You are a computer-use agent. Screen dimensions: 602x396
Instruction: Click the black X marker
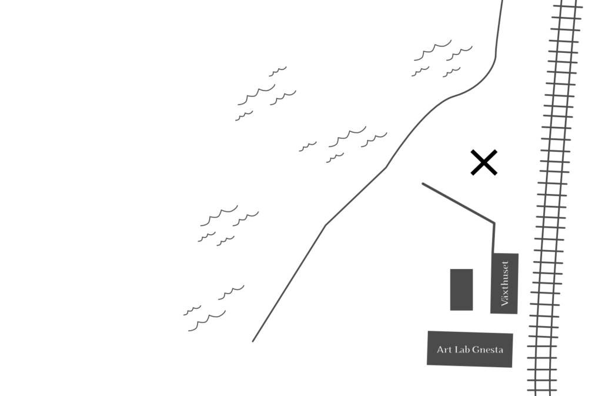click(484, 162)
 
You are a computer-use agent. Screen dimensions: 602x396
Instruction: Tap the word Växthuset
click(505, 284)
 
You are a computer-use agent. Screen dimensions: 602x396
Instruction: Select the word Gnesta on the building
click(487, 350)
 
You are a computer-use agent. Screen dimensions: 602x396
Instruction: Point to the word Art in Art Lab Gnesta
click(444, 350)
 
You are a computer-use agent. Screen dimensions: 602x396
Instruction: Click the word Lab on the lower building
click(462, 350)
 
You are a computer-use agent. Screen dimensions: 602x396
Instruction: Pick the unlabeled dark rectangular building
click(461, 289)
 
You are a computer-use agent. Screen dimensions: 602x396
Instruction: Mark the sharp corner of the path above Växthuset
click(494, 223)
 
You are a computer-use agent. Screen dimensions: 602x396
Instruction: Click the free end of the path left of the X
click(423, 184)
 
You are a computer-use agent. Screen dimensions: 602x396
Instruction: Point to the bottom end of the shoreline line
click(253, 341)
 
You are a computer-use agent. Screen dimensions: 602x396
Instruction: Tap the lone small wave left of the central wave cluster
click(308, 147)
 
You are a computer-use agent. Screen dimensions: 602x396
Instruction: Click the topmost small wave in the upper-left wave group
click(277, 71)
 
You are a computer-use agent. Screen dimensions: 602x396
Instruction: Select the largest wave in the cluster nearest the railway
click(433, 50)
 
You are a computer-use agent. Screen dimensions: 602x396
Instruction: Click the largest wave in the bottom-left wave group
click(207, 321)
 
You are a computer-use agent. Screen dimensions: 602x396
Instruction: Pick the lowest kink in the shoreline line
click(325, 225)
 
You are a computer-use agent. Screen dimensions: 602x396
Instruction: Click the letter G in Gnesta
click(475, 350)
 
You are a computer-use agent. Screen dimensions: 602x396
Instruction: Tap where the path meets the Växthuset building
click(493, 253)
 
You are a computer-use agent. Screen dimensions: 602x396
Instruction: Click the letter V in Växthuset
click(505, 302)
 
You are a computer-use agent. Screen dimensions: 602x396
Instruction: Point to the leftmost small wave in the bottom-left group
click(192, 310)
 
